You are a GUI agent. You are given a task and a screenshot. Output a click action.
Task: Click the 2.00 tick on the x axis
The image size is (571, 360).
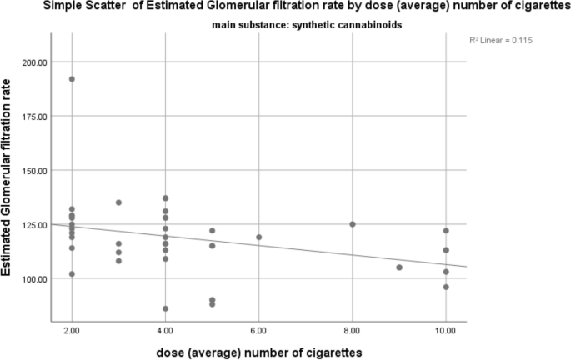(72, 331)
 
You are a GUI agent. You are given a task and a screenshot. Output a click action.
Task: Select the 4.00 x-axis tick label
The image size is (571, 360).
(165, 331)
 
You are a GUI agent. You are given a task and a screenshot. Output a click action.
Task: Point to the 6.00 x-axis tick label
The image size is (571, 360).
(258, 331)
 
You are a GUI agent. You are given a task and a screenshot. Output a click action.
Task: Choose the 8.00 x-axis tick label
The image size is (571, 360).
(353, 331)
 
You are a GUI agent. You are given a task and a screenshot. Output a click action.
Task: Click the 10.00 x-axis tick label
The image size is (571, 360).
(446, 331)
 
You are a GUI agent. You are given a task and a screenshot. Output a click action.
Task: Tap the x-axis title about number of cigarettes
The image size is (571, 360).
(258, 352)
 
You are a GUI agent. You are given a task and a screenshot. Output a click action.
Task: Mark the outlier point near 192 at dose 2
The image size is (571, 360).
(72, 79)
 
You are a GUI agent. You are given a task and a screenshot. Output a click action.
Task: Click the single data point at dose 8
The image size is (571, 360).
(353, 224)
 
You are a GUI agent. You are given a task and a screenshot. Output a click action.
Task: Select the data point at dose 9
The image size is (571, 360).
(399, 267)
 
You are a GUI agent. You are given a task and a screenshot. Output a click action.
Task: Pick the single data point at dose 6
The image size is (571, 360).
(258, 237)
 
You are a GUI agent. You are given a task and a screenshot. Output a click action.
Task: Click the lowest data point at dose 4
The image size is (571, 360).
(165, 308)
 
